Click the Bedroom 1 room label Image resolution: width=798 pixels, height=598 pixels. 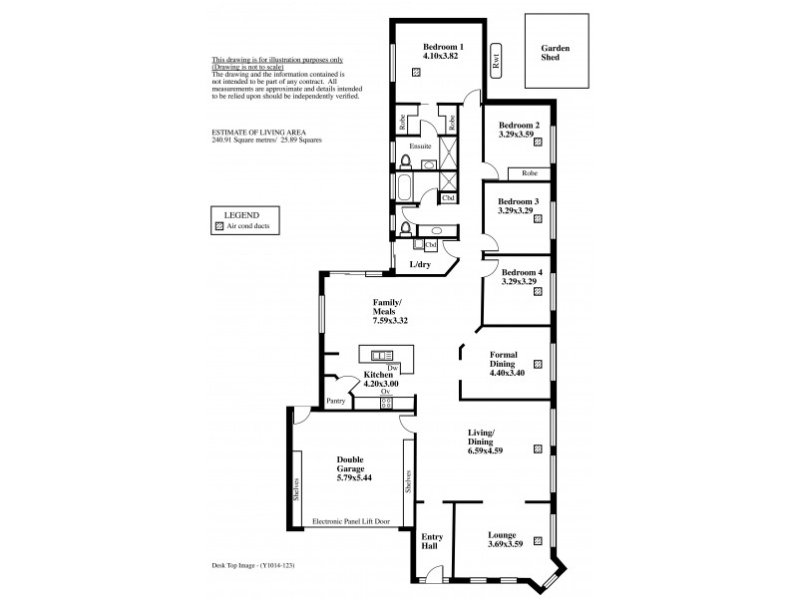point(442,47)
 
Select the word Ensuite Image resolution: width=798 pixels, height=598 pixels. point(420,148)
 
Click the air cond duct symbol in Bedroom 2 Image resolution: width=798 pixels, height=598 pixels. point(539,143)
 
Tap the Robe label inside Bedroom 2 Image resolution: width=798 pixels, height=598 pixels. point(529,173)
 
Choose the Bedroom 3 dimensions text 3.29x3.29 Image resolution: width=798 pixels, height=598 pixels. point(519,212)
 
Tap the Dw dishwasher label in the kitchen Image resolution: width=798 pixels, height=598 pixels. point(380,368)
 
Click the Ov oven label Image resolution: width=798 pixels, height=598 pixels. point(384,392)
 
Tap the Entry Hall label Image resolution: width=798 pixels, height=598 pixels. point(432,539)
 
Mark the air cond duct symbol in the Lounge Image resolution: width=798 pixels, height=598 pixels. point(538,541)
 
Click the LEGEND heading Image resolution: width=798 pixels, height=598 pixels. point(242,215)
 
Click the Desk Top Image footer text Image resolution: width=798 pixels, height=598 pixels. point(253,566)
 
